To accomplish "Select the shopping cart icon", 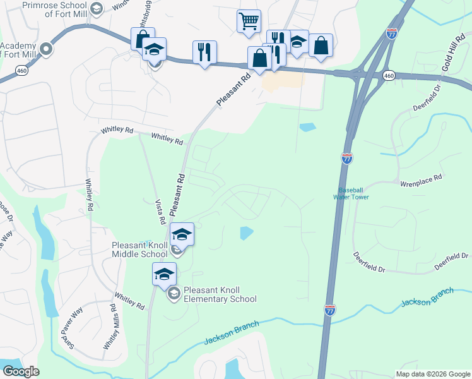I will pos(249,21).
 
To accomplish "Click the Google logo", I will pos(21,371).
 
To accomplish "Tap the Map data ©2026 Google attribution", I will pos(432,374).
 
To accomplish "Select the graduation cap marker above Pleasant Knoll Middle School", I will pos(182,234).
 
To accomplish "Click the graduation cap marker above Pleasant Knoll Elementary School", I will pos(164,274).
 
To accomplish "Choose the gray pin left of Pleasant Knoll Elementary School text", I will pos(172,294).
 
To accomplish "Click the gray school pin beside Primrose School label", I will pos(97,8).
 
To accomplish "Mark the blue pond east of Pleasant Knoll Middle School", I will pos(246,233).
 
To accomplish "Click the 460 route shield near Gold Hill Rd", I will pos(389,76).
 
